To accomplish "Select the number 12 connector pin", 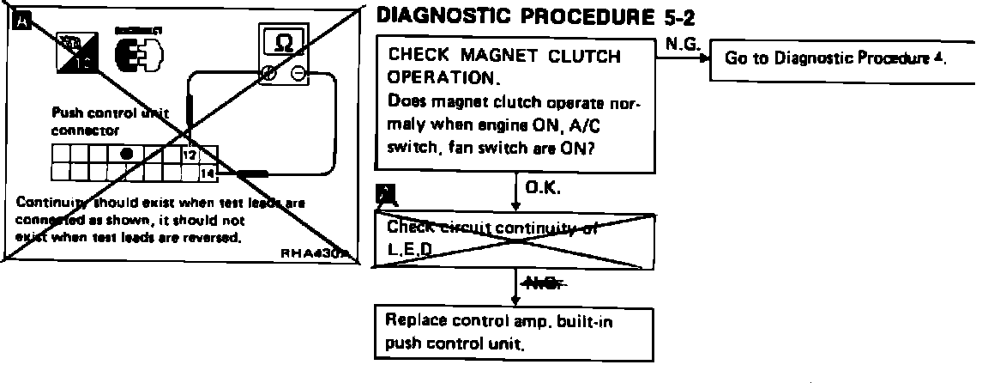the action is click(189, 155).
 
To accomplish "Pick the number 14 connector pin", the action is click(206, 173).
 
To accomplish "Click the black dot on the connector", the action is click(126, 155).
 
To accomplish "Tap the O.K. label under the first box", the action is click(542, 188).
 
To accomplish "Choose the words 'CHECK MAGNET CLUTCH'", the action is click(504, 57).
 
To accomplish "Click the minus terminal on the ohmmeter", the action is click(297, 75).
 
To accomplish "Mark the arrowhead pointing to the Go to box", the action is click(704, 60).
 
